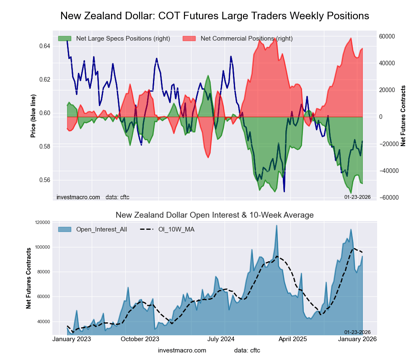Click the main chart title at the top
coord(215,16)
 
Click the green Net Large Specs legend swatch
coord(65,39)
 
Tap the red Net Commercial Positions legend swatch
coord(189,39)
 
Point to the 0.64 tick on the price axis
coord(44,46)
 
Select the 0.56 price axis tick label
coord(44,180)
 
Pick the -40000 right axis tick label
coord(388,171)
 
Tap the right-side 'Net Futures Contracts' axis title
coord(403,116)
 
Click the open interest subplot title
coord(215,215)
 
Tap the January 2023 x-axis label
coord(72,339)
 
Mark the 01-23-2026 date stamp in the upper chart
coord(357,197)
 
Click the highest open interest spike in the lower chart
coord(277,226)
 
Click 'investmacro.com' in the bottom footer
coord(182,350)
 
